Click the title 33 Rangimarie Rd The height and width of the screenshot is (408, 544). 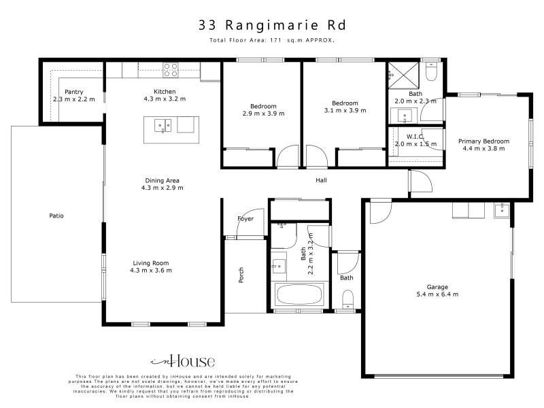coord(272,25)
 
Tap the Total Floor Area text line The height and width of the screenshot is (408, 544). coord(272,40)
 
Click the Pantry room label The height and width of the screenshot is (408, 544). coord(74,92)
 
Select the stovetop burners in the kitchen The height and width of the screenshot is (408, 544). coord(171,70)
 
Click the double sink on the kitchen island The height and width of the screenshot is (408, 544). coord(163,126)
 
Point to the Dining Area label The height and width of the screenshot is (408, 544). coord(162,180)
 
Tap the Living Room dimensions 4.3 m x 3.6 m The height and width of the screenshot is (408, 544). coord(151,270)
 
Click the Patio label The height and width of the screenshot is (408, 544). coord(56,216)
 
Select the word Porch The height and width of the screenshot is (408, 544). coord(241,275)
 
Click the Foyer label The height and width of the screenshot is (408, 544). coord(245,218)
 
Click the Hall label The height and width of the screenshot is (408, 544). coord(321,180)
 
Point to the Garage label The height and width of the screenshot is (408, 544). coord(437,287)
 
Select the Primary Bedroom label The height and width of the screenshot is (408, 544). coord(483,141)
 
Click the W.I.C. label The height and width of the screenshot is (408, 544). coord(415,137)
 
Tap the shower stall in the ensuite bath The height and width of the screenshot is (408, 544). coord(403,75)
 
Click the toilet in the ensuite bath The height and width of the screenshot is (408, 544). coord(432,71)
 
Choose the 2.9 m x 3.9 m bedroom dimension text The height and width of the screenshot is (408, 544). coord(263,114)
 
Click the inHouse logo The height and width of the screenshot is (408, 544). coord(183,362)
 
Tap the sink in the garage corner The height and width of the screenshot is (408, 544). coord(502,210)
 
